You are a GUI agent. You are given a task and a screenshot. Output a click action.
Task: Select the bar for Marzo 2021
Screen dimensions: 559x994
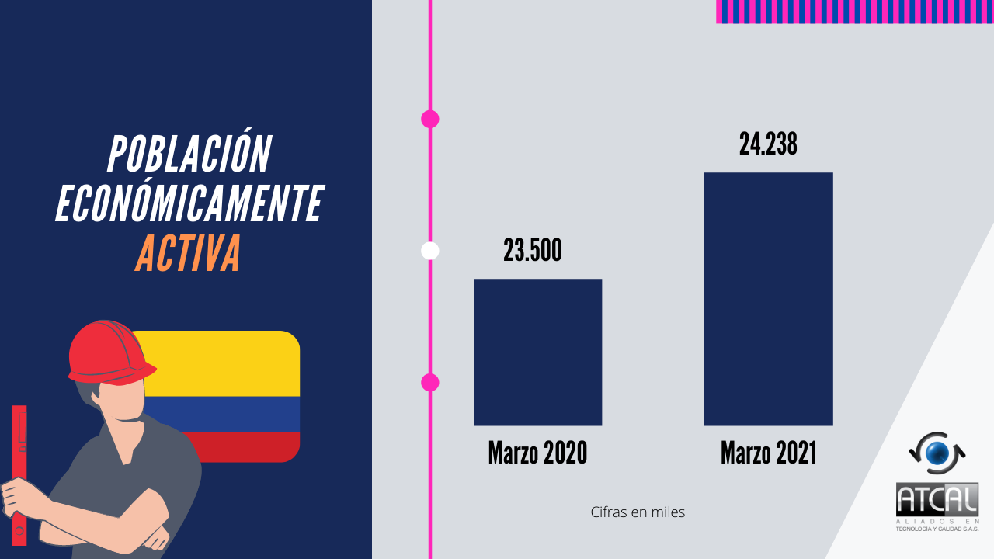pos(768,299)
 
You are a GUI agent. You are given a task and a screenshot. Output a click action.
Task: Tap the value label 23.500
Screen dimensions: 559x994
pos(532,251)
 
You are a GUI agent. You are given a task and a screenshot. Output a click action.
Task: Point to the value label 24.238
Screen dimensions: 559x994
pos(768,144)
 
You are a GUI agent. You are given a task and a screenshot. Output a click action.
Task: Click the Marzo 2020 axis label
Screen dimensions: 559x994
pos(537,453)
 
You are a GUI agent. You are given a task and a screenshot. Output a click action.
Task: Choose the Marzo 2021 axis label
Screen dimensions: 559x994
pos(768,453)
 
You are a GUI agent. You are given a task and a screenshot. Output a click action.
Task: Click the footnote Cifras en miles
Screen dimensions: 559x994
pos(638,512)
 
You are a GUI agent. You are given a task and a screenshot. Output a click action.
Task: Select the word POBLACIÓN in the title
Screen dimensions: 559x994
pos(189,154)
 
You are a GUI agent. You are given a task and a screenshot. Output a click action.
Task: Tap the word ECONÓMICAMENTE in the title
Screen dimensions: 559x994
pos(189,204)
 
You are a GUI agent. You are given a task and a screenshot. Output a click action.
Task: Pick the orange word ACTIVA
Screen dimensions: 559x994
pos(188,254)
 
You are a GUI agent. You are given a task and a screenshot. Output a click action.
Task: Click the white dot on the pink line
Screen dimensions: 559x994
pos(429,251)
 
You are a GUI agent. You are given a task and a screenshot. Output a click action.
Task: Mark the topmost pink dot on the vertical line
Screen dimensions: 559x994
pos(429,119)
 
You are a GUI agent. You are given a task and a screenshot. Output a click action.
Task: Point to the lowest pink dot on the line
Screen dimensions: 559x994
pos(429,382)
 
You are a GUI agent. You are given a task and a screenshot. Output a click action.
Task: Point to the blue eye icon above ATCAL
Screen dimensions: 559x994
pos(937,453)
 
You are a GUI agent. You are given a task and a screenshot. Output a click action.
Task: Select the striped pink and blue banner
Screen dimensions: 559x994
pos(854,12)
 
